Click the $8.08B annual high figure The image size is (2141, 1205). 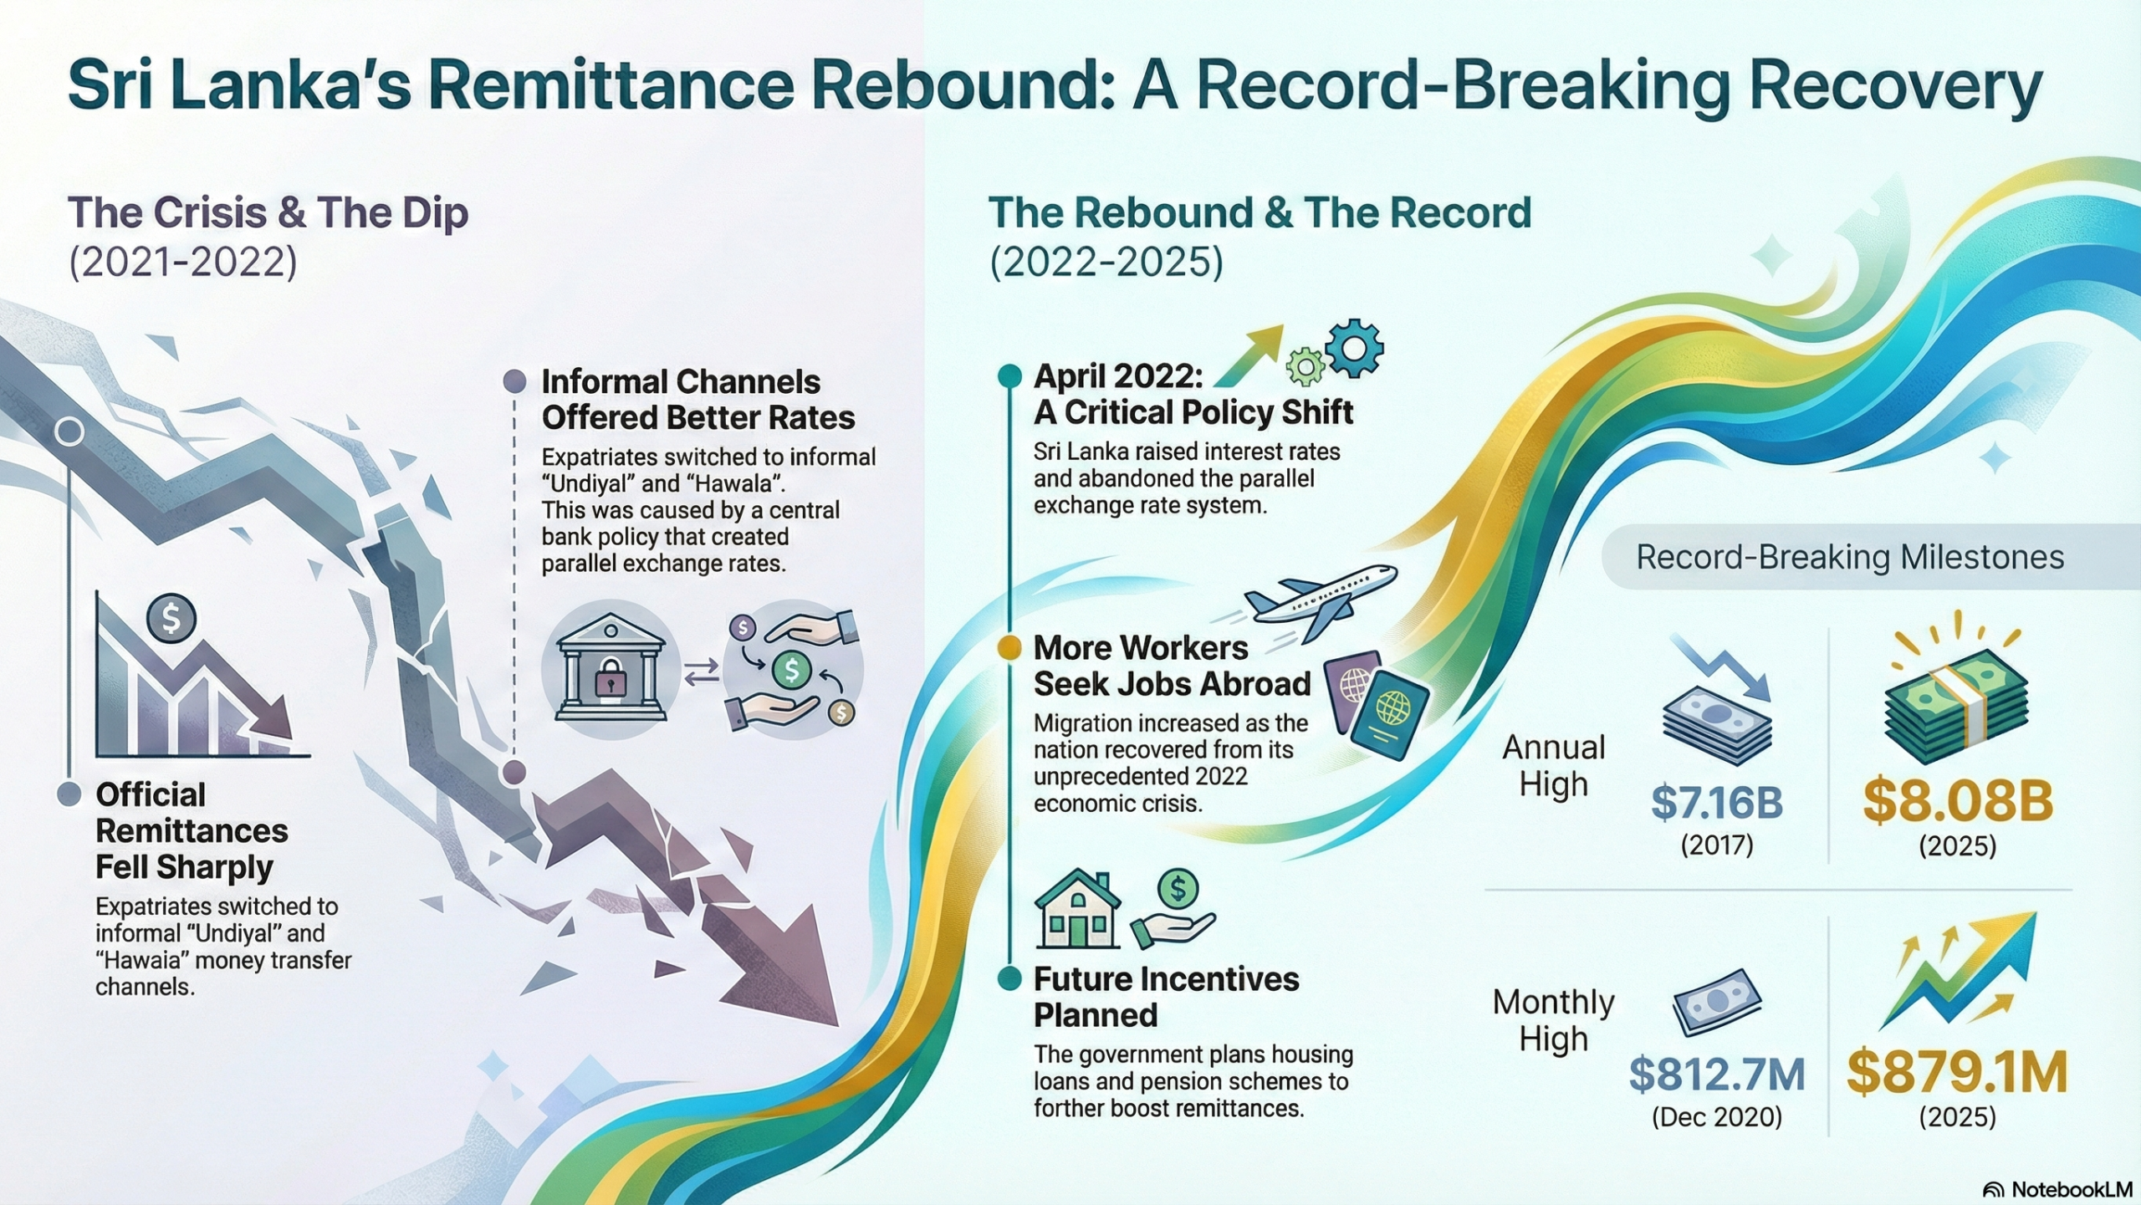pyautogui.click(x=1957, y=800)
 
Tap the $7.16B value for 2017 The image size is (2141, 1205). pyautogui.click(x=1716, y=802)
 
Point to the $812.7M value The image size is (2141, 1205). pyautogui.click(x=1716, y=1075)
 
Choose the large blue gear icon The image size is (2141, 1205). pyautogui.click(x=1354, y=347)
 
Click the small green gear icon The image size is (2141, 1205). pyautogui.click(x=1305, y=366)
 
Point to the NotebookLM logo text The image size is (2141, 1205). pyautogui.click(x=2071, y=1189)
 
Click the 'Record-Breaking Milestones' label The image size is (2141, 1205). pyautogui.click(x=1850, y=557)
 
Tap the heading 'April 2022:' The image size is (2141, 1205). pyautogui.click(x=1118, y=376)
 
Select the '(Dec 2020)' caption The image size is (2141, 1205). pyautogui.click(x=1716, y=1117)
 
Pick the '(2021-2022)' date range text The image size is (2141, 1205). pyautogui.click(x=182, y=262)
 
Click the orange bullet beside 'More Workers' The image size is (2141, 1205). pyautogui.click(x=1009, y=647)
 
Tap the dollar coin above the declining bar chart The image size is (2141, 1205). pyautogui.click(x=171, y=618)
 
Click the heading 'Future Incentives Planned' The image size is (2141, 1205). pyautogui.click(x=1166, y=997)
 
